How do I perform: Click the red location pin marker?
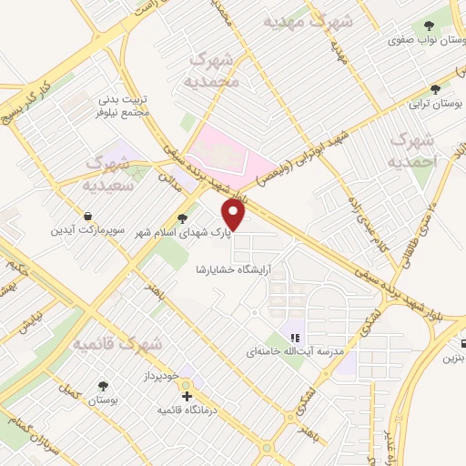[235, 217]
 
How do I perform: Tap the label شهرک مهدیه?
[298, 19]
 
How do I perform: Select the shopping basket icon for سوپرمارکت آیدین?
[88, 217]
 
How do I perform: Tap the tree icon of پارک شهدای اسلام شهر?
[183, 218]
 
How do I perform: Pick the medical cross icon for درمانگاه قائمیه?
[187, 397]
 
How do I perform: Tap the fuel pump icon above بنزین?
[464, 344]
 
